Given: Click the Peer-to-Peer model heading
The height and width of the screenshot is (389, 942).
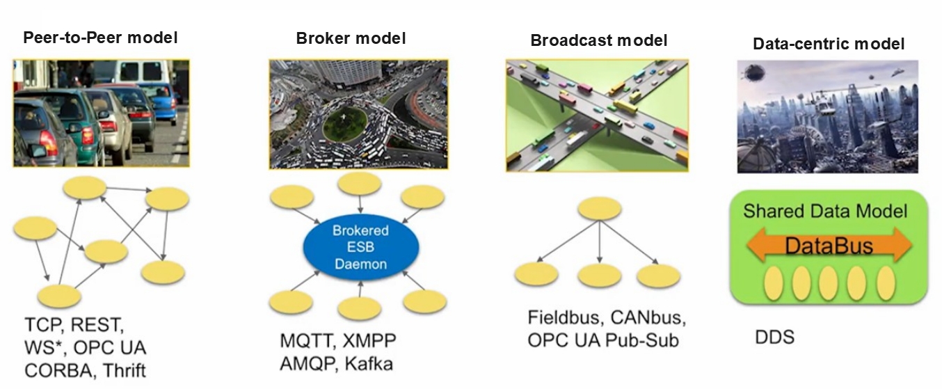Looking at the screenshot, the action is (100, 38).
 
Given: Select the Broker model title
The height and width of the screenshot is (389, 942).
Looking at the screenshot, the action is (351, 38).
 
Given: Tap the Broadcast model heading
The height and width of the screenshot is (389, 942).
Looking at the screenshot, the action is (598, 40).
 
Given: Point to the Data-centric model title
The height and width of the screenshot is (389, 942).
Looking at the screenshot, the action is (829, 44).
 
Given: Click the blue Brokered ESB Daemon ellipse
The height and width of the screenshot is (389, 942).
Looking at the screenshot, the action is (361, 247).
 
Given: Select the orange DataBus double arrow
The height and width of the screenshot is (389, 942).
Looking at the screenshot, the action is (829, 245).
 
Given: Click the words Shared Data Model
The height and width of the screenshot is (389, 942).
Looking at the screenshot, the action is (825, 211).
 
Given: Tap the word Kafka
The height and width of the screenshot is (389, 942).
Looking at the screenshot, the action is (369, 364).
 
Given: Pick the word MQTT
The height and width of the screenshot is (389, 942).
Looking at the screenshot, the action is (308, 341).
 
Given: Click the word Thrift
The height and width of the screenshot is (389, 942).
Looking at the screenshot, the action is (124, 371).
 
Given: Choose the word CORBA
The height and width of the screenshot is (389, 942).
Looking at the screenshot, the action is (58, 371).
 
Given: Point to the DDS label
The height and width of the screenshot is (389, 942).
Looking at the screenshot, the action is (774, 338).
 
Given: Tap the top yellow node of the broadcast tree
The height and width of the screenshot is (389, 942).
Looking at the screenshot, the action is (599, 209).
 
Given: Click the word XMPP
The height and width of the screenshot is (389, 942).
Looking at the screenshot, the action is (369, 341).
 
